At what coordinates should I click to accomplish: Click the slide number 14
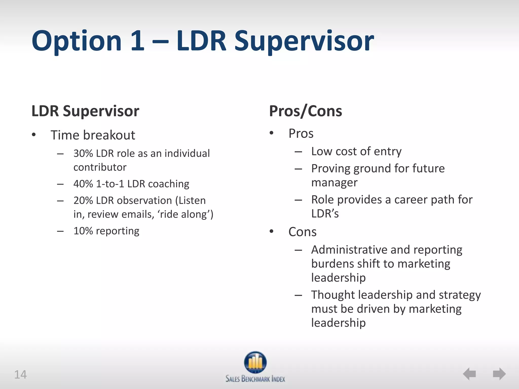point(20,375)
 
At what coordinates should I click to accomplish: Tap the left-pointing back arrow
point(469,374)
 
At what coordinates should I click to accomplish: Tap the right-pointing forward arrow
point(499,374)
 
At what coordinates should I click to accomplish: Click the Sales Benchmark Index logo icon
point(255,362)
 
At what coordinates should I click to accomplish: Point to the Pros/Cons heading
point(305,111)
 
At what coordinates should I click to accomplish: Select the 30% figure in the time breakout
point(83,153)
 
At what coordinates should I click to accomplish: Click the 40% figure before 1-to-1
point(83,184)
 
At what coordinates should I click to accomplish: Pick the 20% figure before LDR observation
point(83,201)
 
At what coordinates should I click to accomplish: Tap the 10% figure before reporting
point(83,231)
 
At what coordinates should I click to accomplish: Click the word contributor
point(100,167)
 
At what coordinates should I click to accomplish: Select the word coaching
point(169,184)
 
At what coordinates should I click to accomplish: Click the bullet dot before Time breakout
point(34,135)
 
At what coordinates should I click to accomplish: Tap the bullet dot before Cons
point(271,231)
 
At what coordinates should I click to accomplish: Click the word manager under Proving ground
point(334,183)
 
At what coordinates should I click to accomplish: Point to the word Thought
point(333,295)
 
